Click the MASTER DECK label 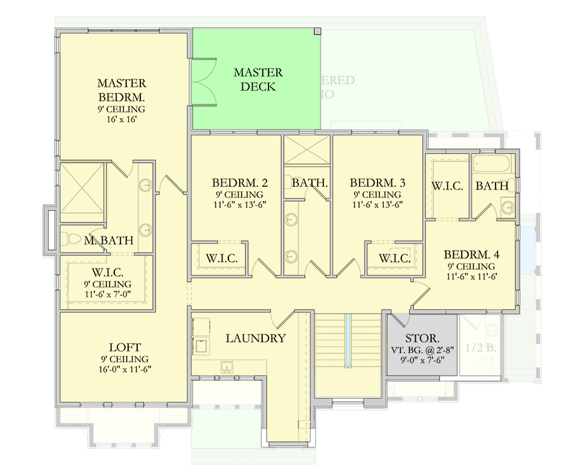tap(258, 80)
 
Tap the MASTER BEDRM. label tap(121, 91)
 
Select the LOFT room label tap(124, 348)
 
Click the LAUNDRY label tap(255, 339)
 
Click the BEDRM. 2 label tap(239, 183)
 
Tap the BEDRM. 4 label tap(471, 253)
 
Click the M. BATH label tap(109, 240)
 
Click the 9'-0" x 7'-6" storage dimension tap(422, 360)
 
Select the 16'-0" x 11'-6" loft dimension tap(124, 369)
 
